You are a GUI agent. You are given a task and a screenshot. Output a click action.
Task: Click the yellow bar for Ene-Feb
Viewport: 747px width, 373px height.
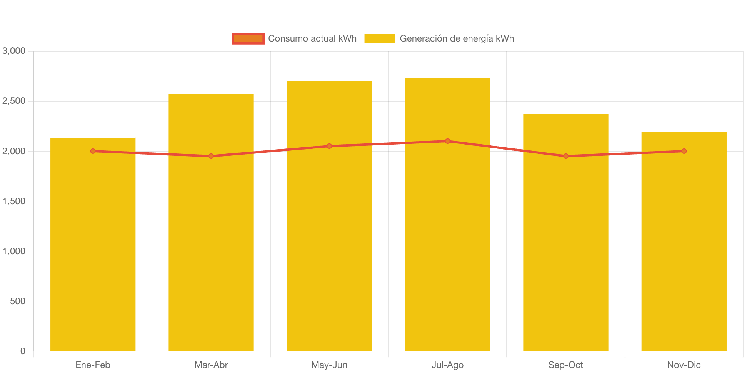click(93, 250)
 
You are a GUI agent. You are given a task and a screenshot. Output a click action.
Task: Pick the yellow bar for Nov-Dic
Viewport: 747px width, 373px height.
click(684, 250)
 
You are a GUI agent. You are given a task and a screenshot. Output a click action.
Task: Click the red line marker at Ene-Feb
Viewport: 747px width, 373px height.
click(93, 151)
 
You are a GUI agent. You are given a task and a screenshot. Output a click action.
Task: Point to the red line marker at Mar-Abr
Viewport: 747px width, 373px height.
click(211, 156)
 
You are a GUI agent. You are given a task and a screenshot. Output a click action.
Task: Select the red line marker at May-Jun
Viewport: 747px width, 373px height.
click(329, 146)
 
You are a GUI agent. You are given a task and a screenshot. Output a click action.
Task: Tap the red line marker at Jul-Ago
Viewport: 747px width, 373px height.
click(447, 141)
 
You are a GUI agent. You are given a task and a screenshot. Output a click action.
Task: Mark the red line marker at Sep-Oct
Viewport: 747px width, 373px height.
click(565, 156)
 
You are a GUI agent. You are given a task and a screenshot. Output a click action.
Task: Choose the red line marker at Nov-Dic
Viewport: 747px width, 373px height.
click(684, 151)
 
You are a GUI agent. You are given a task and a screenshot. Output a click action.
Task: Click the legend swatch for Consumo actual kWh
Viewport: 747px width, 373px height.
click(248, 38)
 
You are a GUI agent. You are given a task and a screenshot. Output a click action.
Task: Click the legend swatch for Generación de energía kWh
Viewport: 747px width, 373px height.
click(380, 38)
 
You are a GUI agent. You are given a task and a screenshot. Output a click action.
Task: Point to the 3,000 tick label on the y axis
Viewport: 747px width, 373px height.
click(14, 51)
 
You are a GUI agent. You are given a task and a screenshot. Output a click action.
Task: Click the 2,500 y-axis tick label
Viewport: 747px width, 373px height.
click(14, 101)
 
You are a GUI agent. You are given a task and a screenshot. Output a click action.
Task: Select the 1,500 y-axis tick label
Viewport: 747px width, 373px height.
click(14, 201)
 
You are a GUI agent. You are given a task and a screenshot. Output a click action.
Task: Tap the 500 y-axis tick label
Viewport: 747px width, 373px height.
click(18, 301)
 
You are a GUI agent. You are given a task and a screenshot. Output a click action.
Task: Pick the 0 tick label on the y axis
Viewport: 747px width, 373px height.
click(23, 351)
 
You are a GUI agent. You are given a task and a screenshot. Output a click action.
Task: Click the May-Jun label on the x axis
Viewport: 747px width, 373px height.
click(329, 365)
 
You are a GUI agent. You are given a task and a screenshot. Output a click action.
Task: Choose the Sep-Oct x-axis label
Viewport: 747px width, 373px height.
click(565, 365)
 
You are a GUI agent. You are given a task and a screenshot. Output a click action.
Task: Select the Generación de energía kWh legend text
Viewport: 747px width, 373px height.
click(457, 38)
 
